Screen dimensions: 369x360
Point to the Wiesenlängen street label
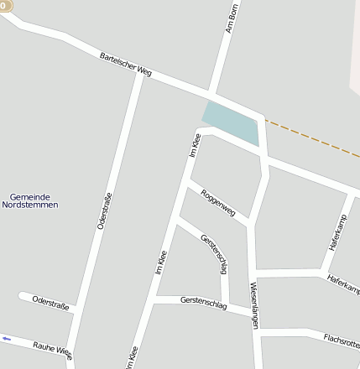pos(254,304)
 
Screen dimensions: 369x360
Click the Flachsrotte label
pos(342,340)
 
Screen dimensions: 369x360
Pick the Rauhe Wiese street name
pos(52,349)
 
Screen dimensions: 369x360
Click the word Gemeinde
pos(29,196)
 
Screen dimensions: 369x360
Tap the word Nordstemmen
pos(29,205)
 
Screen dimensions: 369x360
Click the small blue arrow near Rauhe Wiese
pos(7,339)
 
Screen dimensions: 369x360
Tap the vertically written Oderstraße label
pos(104,210)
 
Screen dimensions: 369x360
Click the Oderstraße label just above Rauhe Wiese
pos(50,302)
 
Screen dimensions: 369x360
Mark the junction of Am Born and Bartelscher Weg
pos(211,91)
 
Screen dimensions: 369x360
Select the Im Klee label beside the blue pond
pos(195,144)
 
